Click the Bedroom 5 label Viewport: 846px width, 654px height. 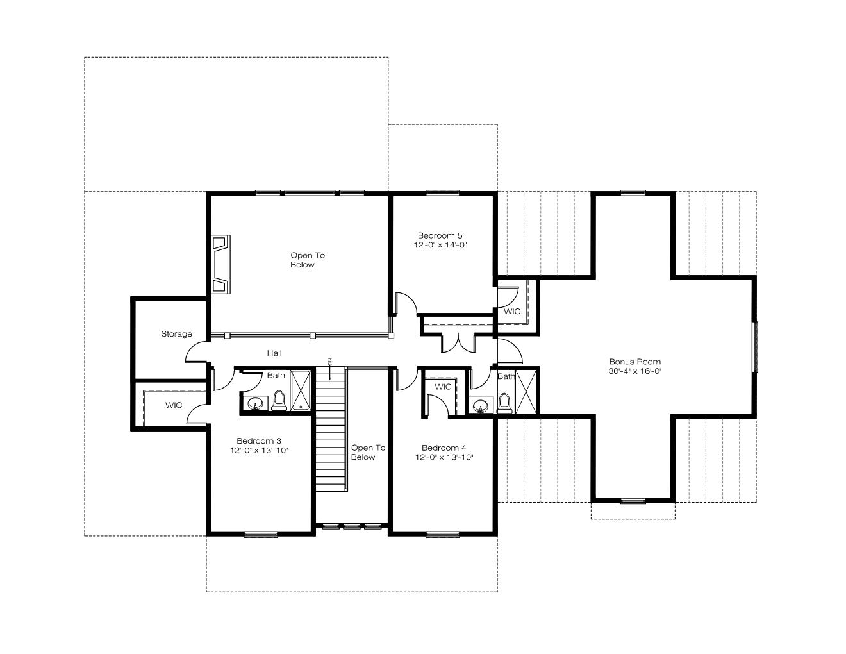[440, 236]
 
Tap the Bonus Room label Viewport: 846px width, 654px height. [635, 362]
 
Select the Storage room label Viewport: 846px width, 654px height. [177, 334]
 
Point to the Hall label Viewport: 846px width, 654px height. [274, 353]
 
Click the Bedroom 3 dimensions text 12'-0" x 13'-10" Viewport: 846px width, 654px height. [259, 451]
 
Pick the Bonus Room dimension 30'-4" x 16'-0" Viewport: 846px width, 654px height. [635, 371]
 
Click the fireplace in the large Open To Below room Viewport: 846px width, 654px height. [220, 264]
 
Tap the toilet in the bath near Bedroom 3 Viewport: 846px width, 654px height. [279, 401]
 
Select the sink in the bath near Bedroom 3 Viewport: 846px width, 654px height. [255, 403]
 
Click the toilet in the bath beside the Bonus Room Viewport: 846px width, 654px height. [504, 403]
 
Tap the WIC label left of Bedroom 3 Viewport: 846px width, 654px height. [174, 405]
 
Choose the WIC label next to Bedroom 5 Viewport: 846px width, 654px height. [512, 312]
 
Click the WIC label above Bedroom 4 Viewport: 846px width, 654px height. [443, 387]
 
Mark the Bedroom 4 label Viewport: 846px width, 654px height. [444, 448]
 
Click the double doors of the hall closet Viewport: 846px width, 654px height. [458, 343]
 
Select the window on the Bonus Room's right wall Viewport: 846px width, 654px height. [756, 347]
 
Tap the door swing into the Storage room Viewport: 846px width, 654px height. [196, 352]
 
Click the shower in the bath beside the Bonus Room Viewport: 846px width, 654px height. [526, 392]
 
